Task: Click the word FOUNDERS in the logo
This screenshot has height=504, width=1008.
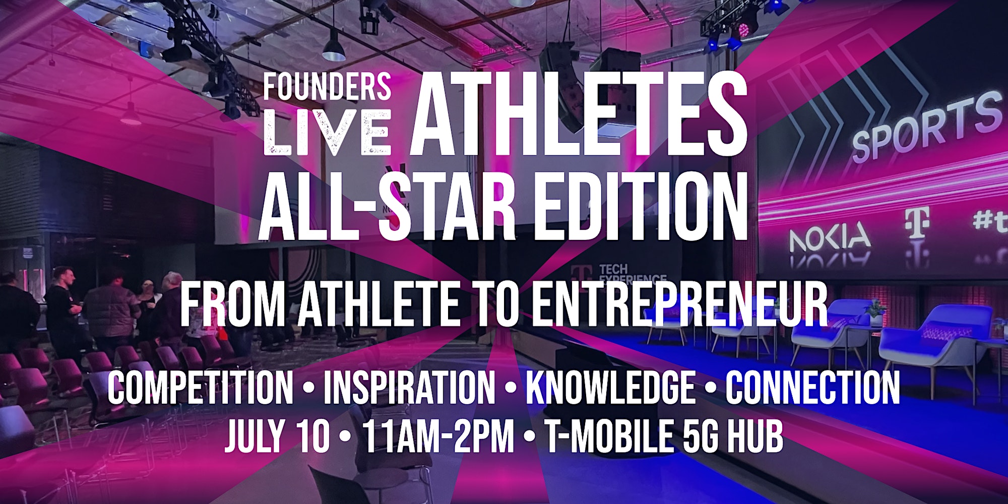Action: (327, 86)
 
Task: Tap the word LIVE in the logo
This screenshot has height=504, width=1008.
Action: (327, 132)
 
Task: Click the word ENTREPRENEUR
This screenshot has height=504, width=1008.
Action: (679, 304)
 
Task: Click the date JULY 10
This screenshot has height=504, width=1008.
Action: (277, 436)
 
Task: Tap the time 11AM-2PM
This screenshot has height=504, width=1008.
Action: (438, 436)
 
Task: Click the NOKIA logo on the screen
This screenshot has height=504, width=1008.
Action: (830, 238)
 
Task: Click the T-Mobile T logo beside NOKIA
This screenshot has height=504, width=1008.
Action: (917, 222)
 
